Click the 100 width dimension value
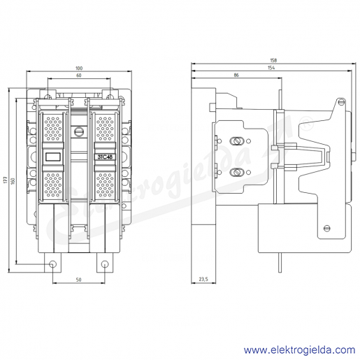pos(79,69)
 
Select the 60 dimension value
pos(79,75)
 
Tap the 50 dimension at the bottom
pos(79,280)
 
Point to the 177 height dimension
pos(6,180)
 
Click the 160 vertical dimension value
pos(13,181)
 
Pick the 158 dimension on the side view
pos(273,60)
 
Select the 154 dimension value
pos(271,68)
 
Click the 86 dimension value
pos(236,75)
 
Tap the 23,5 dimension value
pos(203,279)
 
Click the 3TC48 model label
pos(105,157)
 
